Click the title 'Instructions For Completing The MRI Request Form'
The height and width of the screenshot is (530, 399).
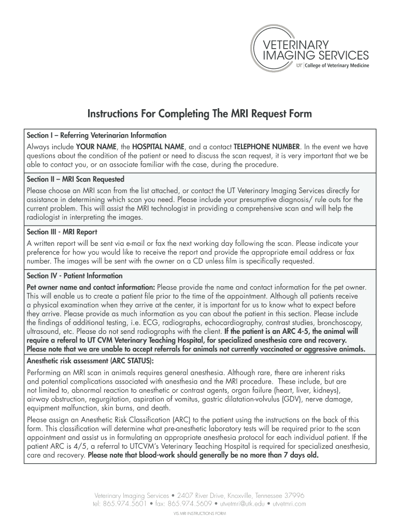click(x=199, y=113)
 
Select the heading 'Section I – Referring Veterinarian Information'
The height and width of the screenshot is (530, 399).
click(x=96, y=135)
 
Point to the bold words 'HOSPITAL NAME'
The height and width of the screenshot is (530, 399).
click(x=159, y=146)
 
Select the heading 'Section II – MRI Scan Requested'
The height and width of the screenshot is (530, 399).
click(x=76, y=180)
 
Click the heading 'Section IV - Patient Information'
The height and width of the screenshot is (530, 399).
click(x=75, y=276)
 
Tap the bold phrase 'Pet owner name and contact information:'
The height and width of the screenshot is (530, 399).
click(x=91, y=287)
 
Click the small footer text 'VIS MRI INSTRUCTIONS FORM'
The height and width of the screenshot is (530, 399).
click(x=199, y=514)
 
